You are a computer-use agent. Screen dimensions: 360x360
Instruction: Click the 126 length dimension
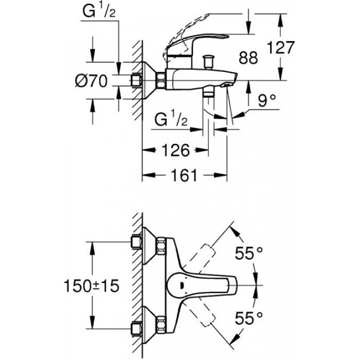pyautogui.click(x=175, y=151)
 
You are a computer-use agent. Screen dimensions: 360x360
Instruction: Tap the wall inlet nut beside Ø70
pyautogui.click(x=137, y=80)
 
